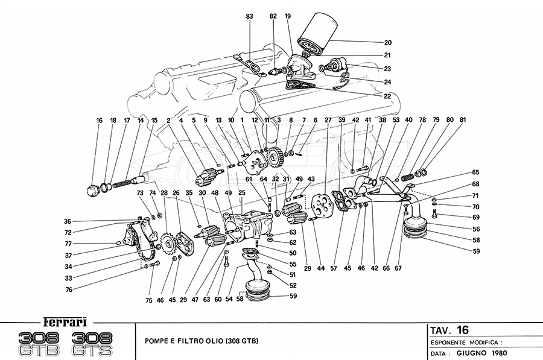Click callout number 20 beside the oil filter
(387, 42)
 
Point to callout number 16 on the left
(99, 120)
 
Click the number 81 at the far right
(463, 120)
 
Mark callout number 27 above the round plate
(328, 120)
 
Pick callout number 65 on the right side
(476, 172)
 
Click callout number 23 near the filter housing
(387, 68)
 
